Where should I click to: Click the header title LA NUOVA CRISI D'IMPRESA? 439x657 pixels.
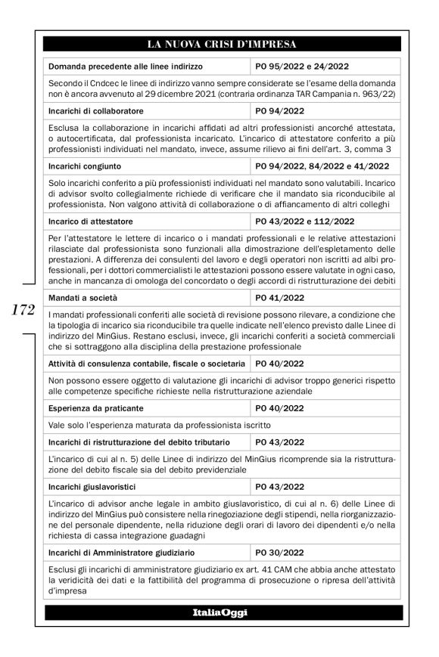tap(223, 43)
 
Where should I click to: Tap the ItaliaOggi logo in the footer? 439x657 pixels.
tap(223, 611)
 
